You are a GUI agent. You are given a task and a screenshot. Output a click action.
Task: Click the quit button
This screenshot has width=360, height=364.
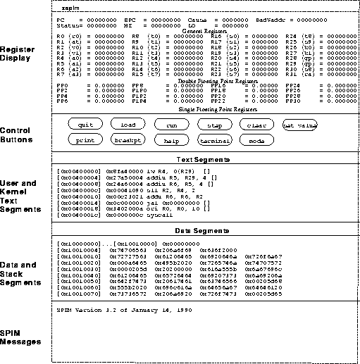point(86,125)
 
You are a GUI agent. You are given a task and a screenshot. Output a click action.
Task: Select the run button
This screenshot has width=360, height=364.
point(170,125)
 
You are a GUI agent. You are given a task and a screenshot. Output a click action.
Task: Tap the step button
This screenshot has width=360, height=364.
point(213,125)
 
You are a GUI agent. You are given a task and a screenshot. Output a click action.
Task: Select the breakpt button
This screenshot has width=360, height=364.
point(128,140)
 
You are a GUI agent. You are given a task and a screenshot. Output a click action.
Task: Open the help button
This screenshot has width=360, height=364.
point(170,140)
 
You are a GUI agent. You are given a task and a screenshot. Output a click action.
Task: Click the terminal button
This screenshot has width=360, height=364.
point(213,140)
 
